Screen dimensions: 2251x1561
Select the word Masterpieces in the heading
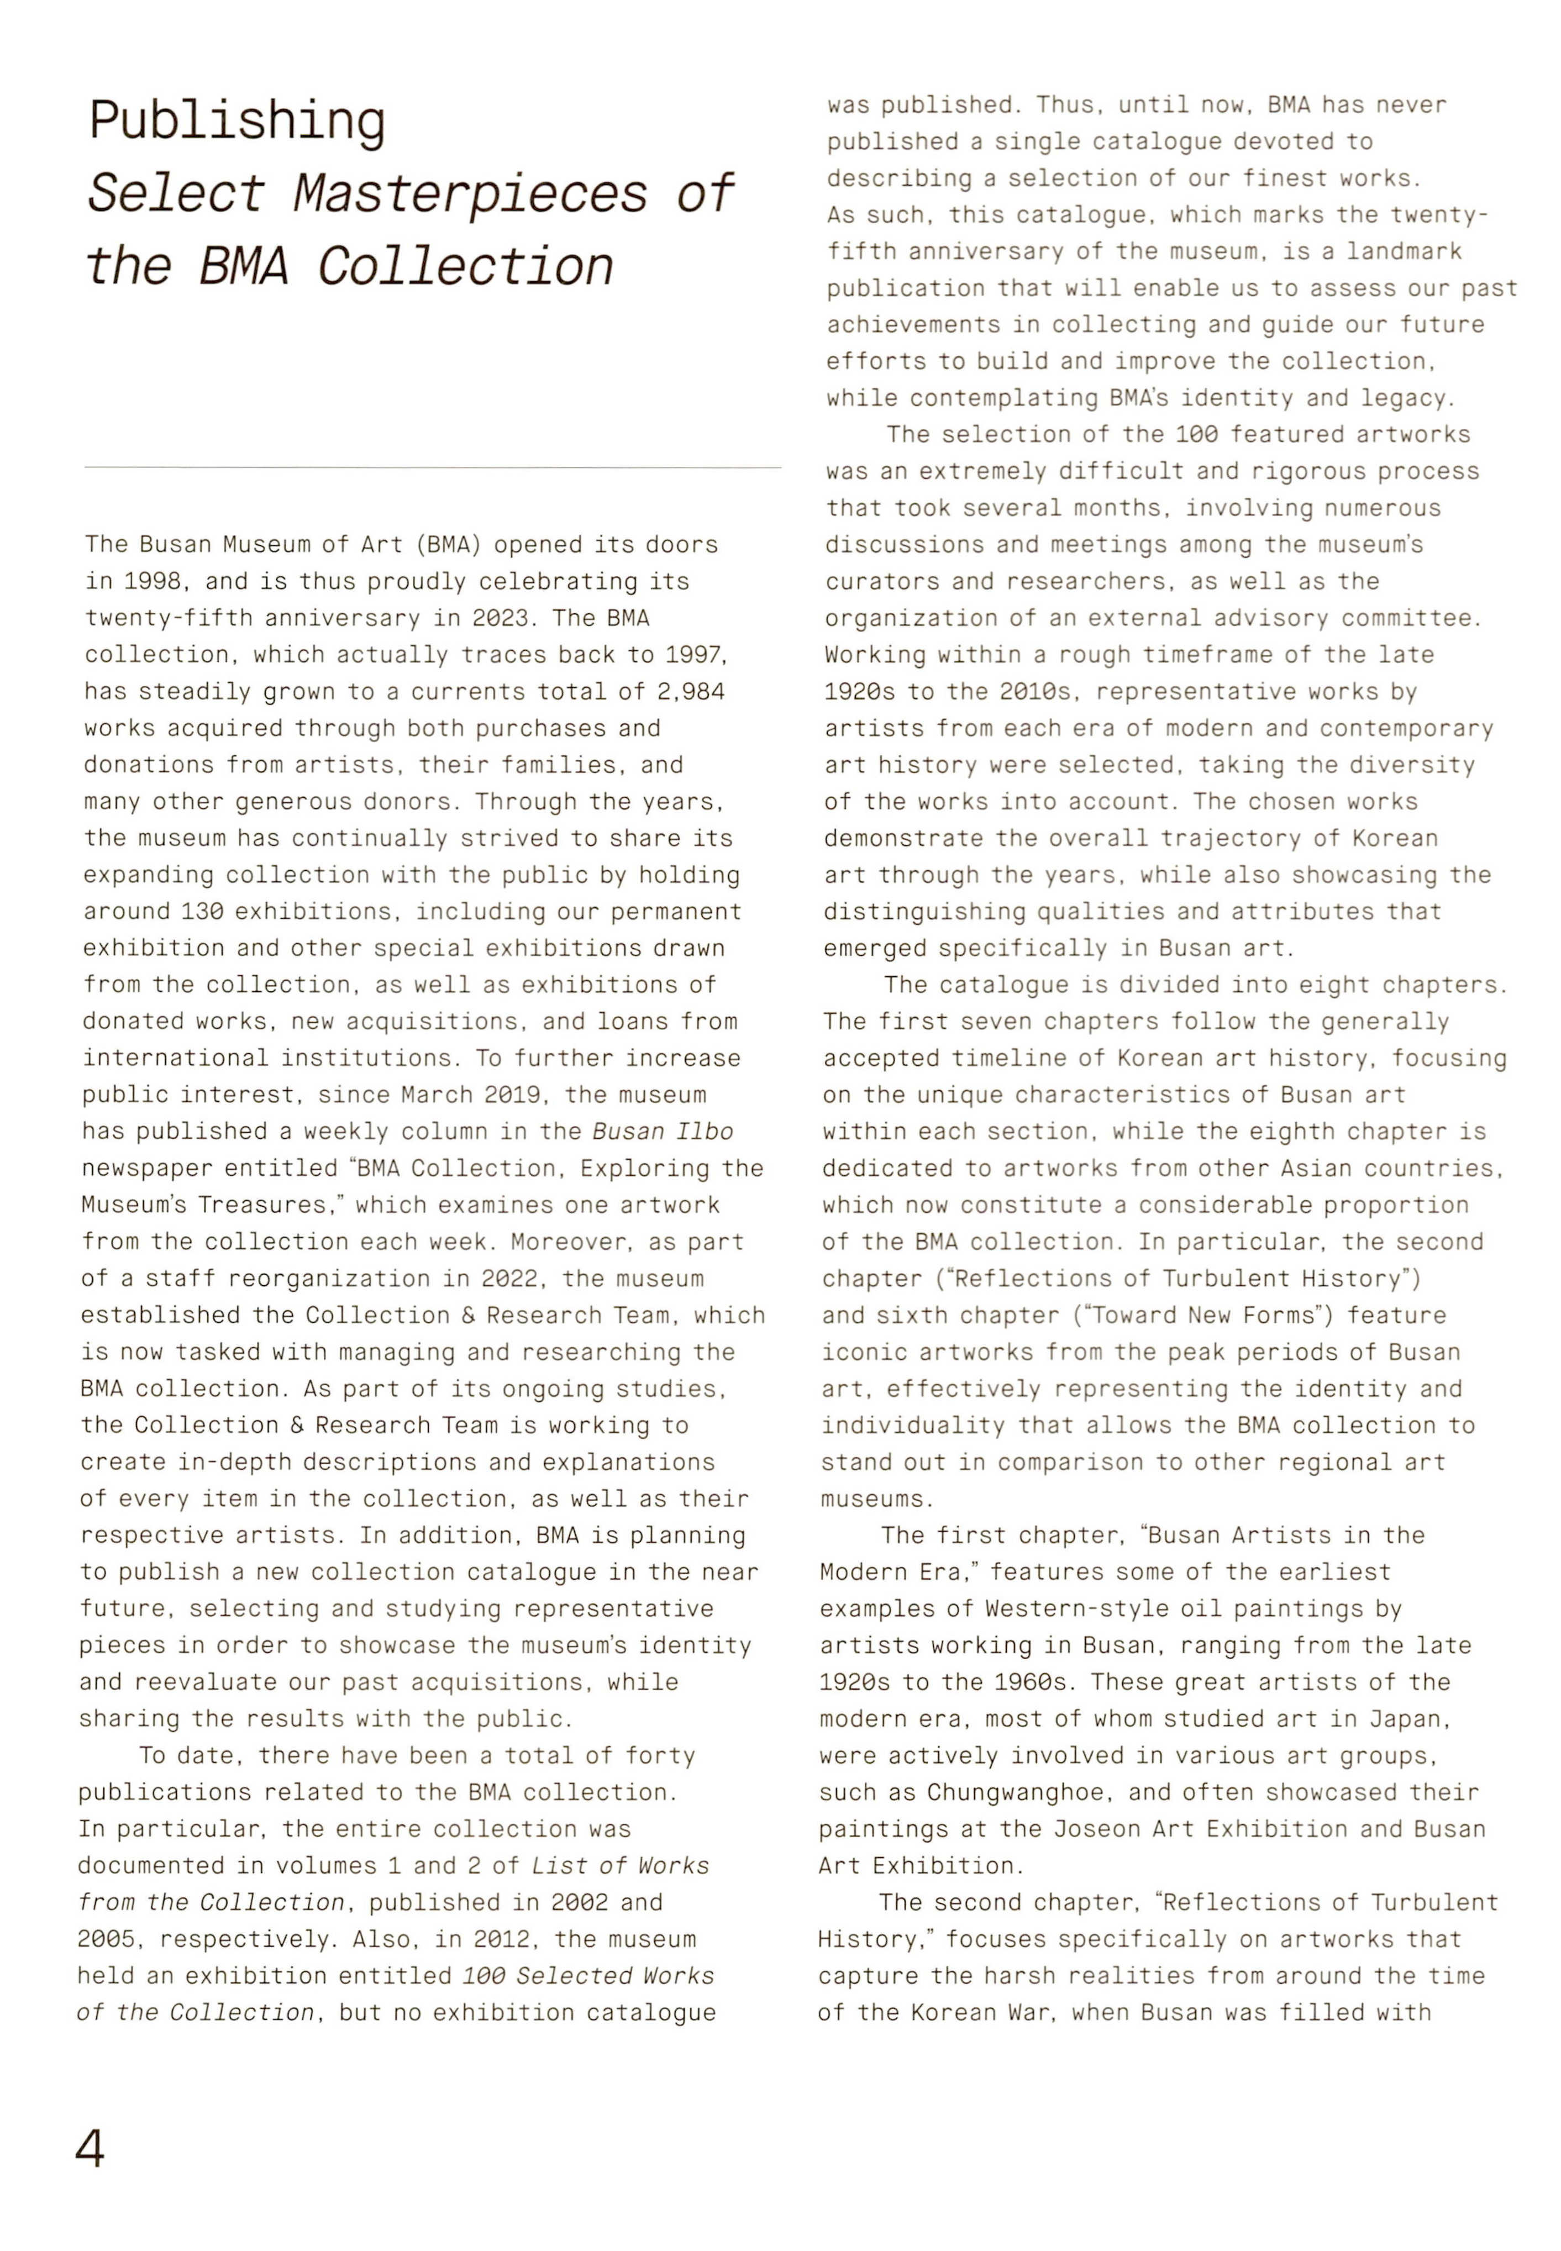[470, 193]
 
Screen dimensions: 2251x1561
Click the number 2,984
[691, 692]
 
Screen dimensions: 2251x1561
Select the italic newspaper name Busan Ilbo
[663, 1132]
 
